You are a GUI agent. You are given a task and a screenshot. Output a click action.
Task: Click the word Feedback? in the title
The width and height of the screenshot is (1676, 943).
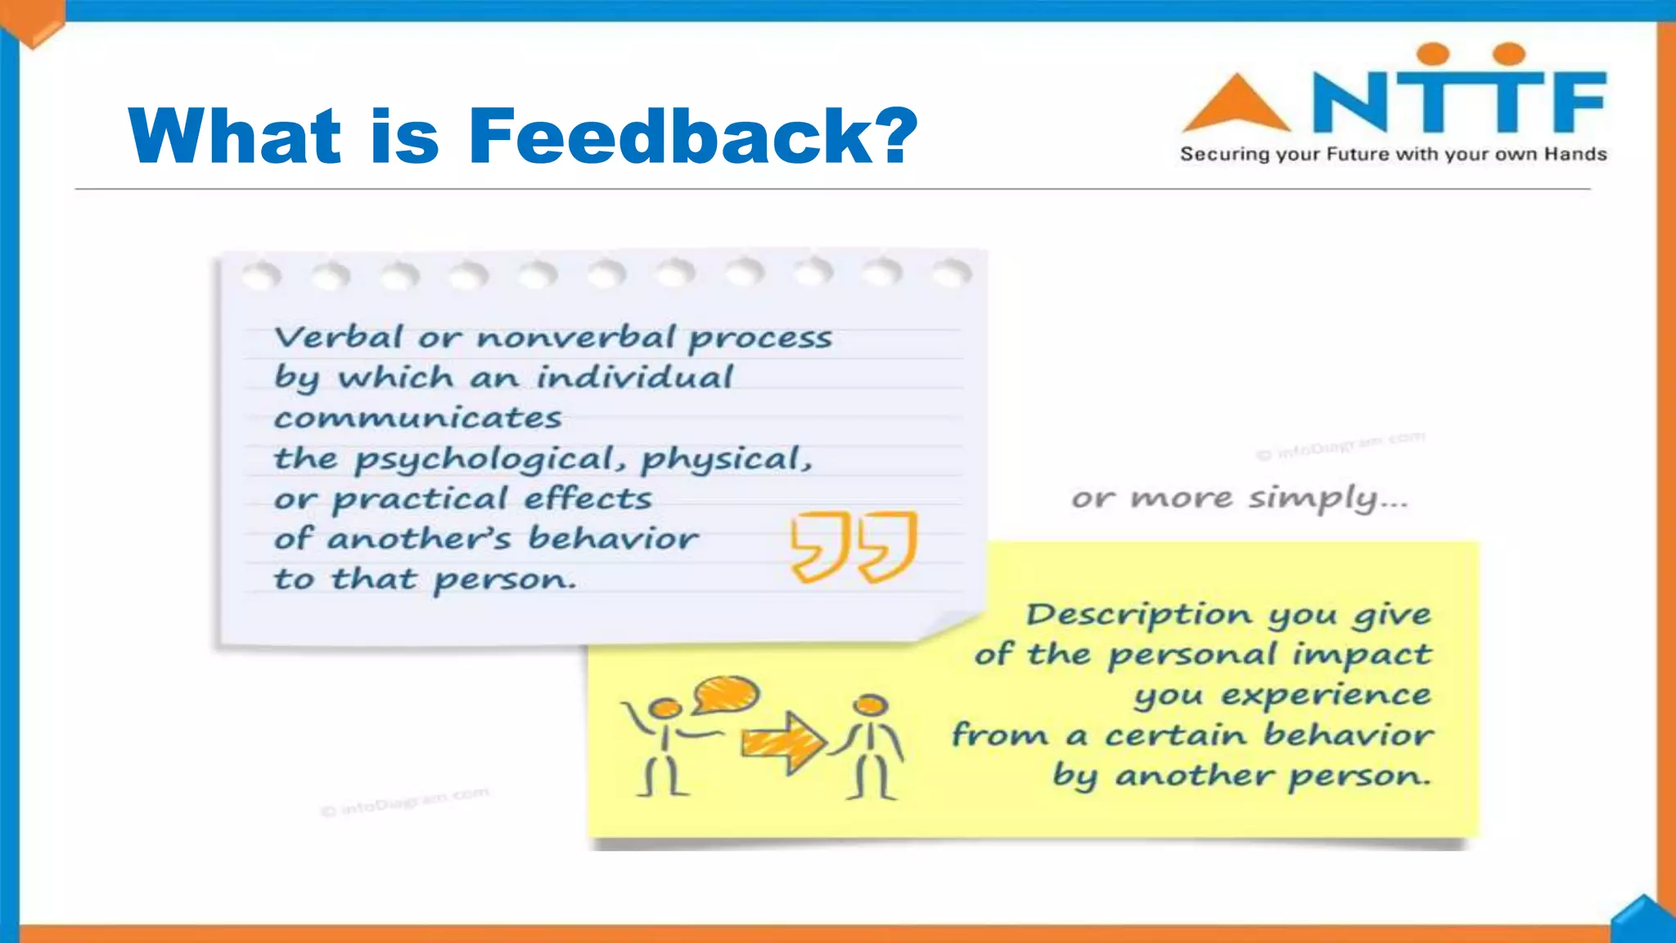point(692,136)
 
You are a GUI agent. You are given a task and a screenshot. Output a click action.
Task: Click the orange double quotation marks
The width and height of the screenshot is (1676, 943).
point(854,546)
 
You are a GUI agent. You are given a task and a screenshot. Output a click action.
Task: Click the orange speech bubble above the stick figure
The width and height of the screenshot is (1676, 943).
point(726,695)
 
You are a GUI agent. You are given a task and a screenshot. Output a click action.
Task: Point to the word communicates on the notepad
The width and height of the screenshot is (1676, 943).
point(417,418)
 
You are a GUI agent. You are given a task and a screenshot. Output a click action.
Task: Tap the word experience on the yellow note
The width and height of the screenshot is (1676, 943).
point(1326,696)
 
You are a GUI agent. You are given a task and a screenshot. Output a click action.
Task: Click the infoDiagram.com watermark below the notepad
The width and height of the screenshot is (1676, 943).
point(405,802)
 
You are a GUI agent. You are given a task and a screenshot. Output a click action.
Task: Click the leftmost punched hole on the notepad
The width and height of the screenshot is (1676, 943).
point(261,277)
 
